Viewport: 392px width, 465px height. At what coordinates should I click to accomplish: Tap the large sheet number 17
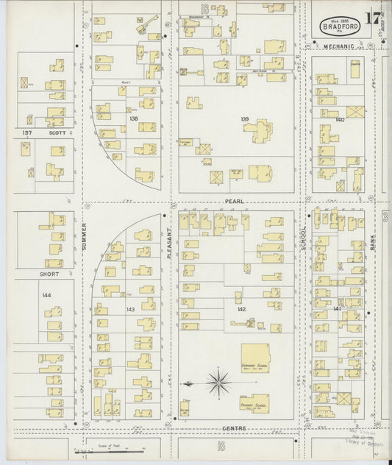pos(375,17)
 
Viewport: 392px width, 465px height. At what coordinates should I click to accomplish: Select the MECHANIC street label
pos(338,46)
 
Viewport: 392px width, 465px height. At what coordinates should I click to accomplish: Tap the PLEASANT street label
pos(168,241)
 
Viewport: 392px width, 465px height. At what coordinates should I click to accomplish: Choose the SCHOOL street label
pos(302,238)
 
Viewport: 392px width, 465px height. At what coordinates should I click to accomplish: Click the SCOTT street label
pos(57,133)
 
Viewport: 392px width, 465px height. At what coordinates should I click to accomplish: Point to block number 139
pos(244,118)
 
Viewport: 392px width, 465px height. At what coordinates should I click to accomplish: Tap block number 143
pos(130,309)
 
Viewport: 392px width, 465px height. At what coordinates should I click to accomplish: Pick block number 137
pos(27,133)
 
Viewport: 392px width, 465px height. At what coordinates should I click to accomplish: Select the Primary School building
pos(252,404)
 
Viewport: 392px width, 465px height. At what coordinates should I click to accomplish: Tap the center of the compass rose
pos(218,383)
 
